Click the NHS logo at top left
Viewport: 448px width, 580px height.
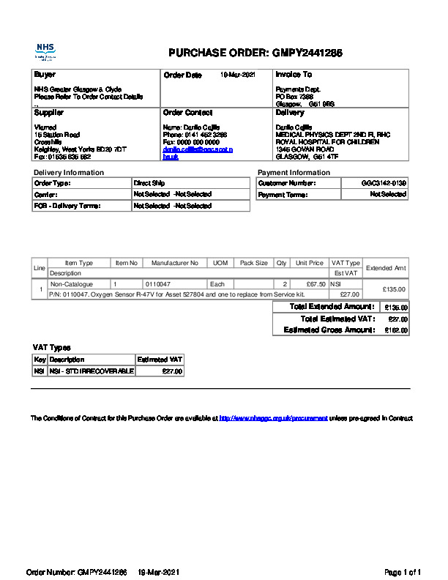click(x=45, y=52)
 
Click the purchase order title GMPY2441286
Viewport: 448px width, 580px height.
click(x=255, y=53)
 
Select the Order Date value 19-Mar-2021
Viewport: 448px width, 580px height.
click(x=238, y=75)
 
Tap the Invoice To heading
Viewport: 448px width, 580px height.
click(x=294, y=75)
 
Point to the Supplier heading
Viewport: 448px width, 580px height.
click(x=49, y=113)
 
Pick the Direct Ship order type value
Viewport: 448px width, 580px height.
click(x=150, y=182)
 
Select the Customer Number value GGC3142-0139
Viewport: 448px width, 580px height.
click(x=384, y=182)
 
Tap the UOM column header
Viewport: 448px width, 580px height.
click(x=220, y=263)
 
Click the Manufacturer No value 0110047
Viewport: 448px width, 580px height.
click(x=158, y=283)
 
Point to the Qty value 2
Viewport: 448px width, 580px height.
click(x=284, y=283)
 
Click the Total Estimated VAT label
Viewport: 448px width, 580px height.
click(x=337, y=319)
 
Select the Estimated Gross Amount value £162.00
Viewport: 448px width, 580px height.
click(x=396, y=331)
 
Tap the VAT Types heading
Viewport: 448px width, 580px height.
click(x=52, y=347)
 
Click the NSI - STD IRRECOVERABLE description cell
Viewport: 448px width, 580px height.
click(x=92, y=372)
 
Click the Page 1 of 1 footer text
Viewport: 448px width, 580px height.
click(x=403, y=572)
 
